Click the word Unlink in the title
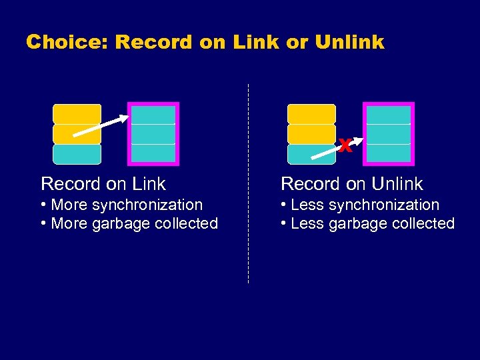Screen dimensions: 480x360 (x=349, y=42)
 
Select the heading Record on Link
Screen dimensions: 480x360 (x=103, y=183)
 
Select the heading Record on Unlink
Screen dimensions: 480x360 (x=352, y=183)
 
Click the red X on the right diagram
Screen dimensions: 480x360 (x=344, y=145)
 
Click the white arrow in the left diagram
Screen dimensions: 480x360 (x=100, y=126)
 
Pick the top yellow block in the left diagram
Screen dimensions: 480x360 (x=77, y=113)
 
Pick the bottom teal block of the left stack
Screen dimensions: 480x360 (x=77, y=154)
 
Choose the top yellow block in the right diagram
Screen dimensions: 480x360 (x=311, y=113)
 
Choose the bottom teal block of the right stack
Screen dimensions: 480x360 (x=311, y=154)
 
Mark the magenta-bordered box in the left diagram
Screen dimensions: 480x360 (x=153, y=133)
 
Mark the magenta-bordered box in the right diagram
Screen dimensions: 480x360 (x=389, y=133)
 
